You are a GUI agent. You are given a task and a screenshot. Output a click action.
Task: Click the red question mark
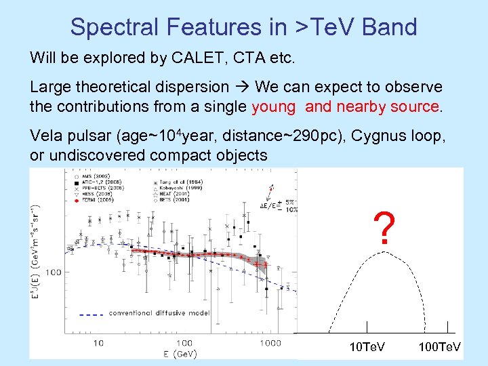(x=384, y=228)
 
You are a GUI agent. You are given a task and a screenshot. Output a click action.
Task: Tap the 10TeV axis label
(x=366, y=347)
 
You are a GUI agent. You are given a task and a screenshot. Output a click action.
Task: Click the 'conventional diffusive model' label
(x=159, y=313)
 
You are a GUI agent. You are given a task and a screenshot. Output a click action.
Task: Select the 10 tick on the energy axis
(x=98, y=343)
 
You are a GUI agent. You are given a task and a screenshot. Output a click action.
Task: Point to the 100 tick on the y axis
(x=55, y=272)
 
